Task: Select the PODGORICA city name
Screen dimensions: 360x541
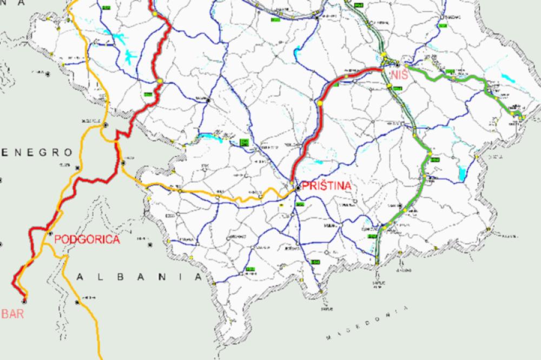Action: click(x=87, y=239)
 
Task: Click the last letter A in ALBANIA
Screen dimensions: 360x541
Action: click(x=197, y=277)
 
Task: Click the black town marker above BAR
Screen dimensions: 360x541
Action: click(x=24, y=301)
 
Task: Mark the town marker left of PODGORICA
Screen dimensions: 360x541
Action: click(x=49, y=234)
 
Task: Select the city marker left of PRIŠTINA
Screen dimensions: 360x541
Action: click(x=297, y=187)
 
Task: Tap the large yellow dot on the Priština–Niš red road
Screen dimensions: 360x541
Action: click(x=319, y=103)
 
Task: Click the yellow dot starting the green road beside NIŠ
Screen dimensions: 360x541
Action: click(x=406, y=65)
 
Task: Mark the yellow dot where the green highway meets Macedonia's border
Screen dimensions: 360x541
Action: click(x=377, y=263)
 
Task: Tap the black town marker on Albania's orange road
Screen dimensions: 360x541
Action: click(x=77, y=302)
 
